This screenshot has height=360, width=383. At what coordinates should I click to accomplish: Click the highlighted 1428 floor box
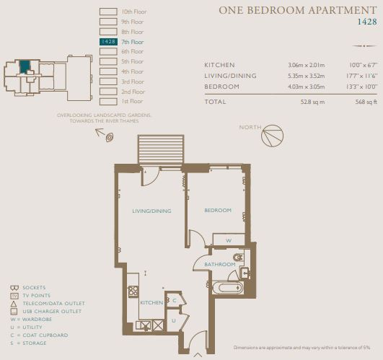click(x=108, y=42)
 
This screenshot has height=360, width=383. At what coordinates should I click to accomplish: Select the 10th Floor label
click(x=134, y=12)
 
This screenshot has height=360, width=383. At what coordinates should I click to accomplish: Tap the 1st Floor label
click(x=132, y=101)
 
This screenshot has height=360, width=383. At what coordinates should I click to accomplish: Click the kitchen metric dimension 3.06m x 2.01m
click(x=307, y=65)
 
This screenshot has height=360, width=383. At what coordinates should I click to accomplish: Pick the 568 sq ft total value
click(x=366, y=102)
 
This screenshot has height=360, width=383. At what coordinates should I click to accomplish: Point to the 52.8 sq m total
click(x=312, y=102)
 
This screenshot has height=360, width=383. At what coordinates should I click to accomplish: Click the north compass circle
click(x=273, y=136)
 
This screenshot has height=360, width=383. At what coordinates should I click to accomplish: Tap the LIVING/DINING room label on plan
click(x=151, y=211)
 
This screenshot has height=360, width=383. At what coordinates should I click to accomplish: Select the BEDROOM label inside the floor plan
click(x=218, y=210)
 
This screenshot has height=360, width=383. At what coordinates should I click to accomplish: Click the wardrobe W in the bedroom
click(x=229, y=240)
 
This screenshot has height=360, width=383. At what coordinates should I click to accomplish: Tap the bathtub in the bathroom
click(x=228, y=288)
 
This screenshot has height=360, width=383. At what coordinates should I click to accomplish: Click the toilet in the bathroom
click(x=239, y=258)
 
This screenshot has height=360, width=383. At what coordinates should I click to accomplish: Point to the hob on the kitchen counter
click(x=133, y=291)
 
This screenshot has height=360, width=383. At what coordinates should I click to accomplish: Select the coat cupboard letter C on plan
click(x=175, y=300)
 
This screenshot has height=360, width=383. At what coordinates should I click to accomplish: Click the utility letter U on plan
click(x=174, y=320)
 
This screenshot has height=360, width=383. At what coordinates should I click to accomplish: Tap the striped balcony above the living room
click(x=161, y=149)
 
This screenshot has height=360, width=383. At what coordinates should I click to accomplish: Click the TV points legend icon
click(x=14, y=296)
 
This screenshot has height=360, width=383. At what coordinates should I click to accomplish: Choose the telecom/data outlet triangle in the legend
click(x=14, y=304)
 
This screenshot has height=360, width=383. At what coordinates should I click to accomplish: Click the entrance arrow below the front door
click(x=198, y=355)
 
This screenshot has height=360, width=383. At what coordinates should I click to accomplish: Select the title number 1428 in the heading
click(x=367, y=22)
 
